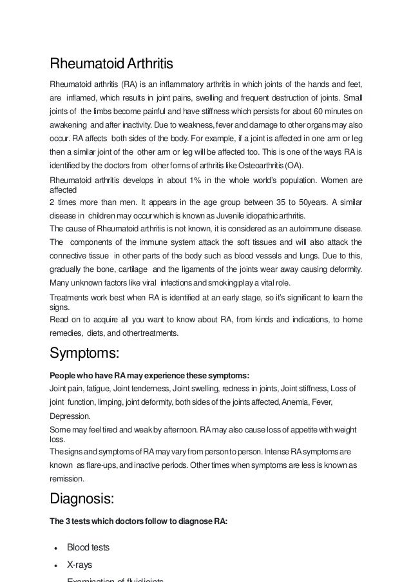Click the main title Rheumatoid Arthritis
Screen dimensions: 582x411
111,65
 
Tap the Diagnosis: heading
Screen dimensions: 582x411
88,500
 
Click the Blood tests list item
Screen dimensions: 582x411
88,547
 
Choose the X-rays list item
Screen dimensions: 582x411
80,565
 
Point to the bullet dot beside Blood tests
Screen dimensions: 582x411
57,548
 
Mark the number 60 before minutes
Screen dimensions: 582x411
320,111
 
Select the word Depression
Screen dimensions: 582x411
70,416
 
